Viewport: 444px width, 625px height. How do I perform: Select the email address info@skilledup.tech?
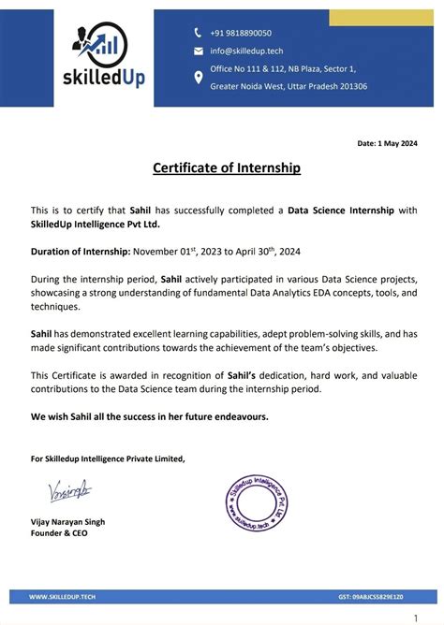(x=247, y=51)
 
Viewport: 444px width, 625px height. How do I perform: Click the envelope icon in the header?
(x=198, y=51)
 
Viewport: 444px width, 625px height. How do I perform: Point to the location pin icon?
(x=198, y=78)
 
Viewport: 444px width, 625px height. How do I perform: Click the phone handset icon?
(x=198, y=33)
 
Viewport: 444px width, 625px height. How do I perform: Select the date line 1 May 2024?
(x=387, y=143)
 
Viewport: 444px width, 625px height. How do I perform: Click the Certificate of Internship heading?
(x=227, y=168)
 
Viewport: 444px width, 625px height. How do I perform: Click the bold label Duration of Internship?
(x=81, y=252)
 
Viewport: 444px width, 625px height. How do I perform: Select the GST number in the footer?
(x=370, y=595)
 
